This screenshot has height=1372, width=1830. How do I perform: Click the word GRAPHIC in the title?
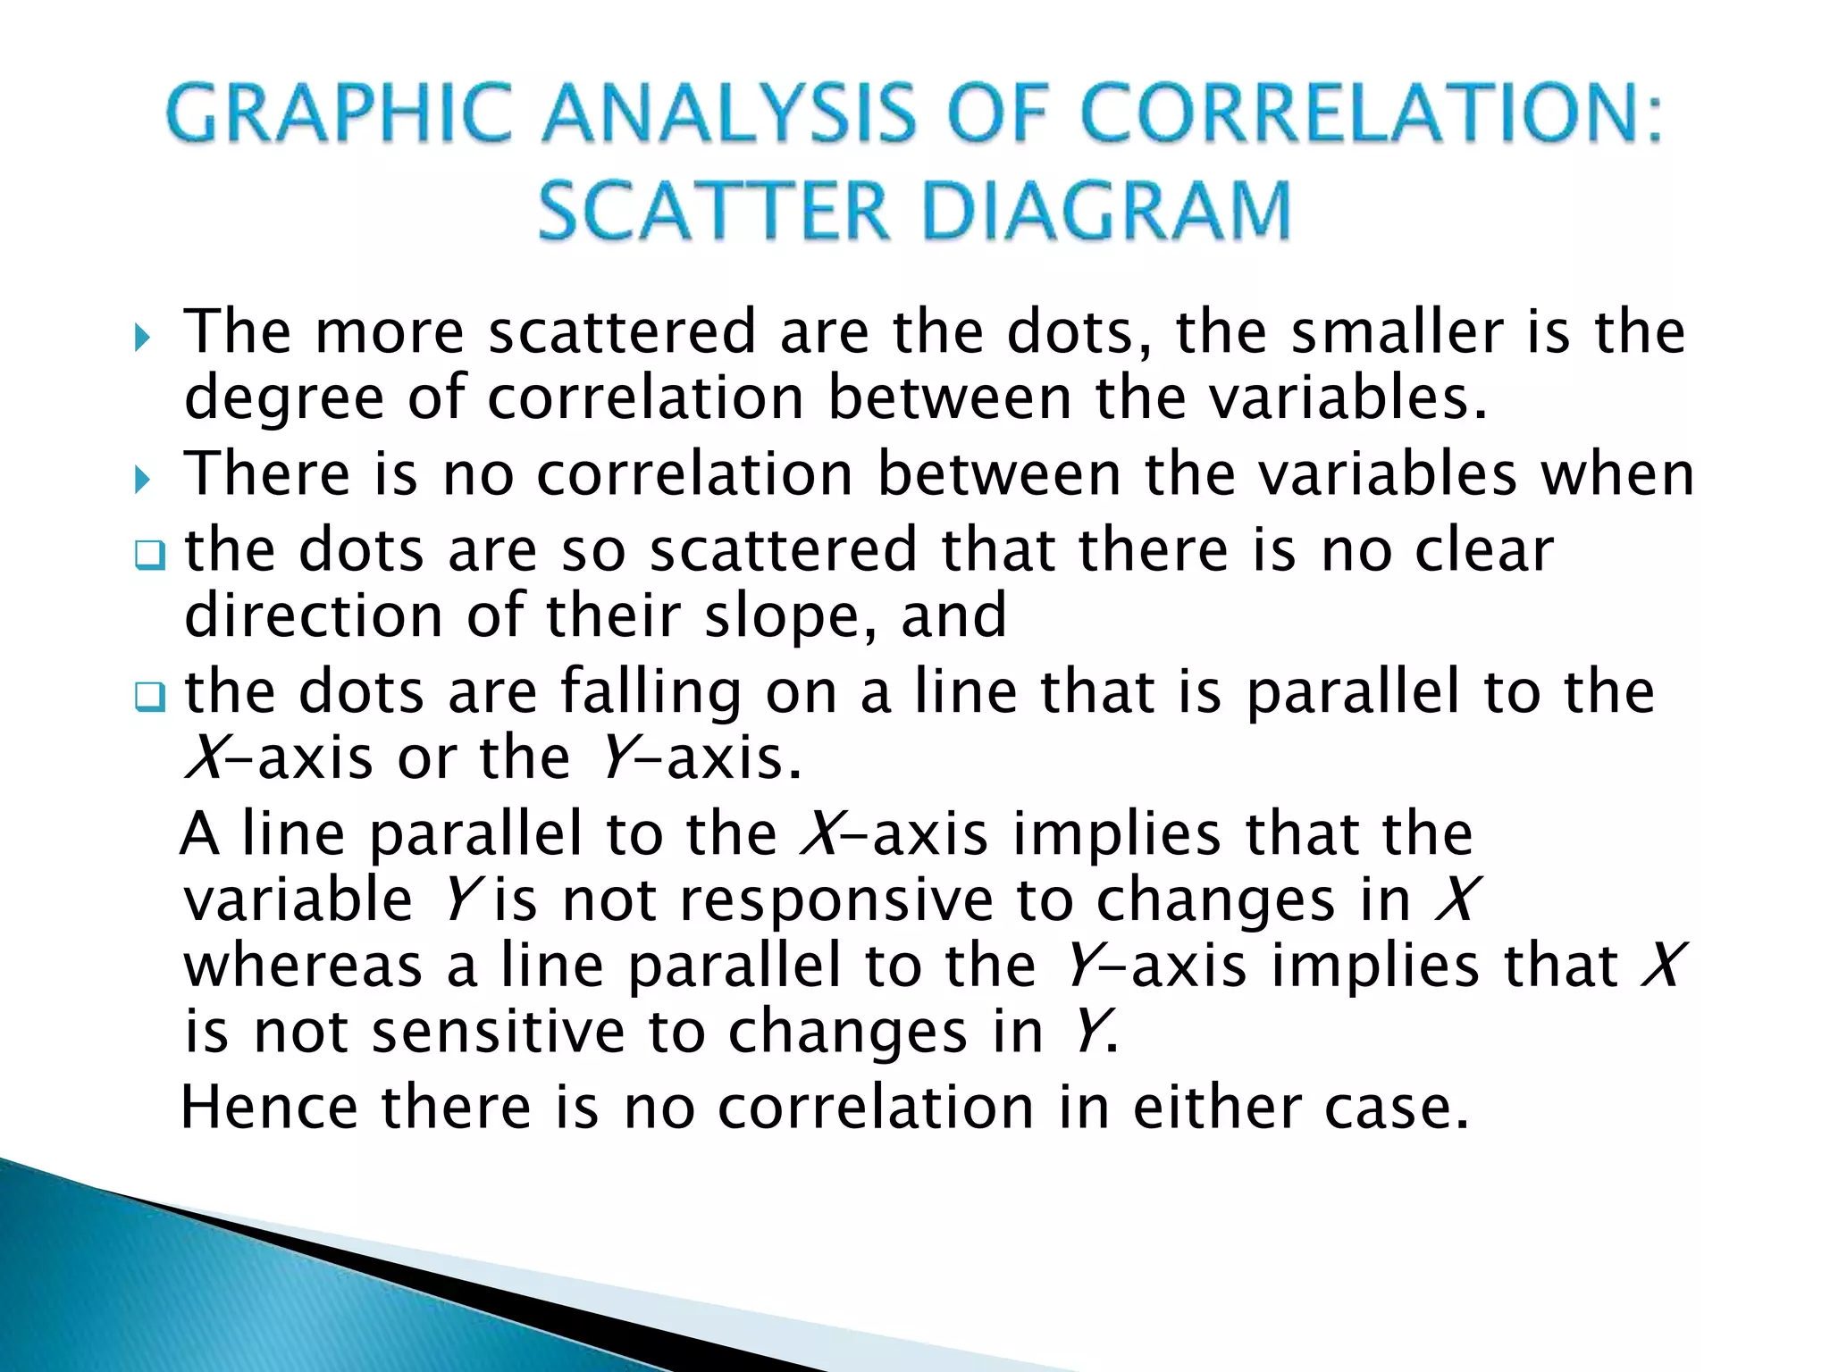click(338, 114)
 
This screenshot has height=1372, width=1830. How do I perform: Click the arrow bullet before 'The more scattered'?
click(142, 339)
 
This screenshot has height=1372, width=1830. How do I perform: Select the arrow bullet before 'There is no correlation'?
click(142, 481)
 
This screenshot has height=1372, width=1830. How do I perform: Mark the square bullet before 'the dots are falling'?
click(149, 699)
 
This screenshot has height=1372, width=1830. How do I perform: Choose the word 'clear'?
click(1484, 550)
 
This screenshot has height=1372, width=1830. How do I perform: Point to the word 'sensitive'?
click(499, 1033)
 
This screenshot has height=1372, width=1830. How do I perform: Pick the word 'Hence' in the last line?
click(269, 1108)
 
